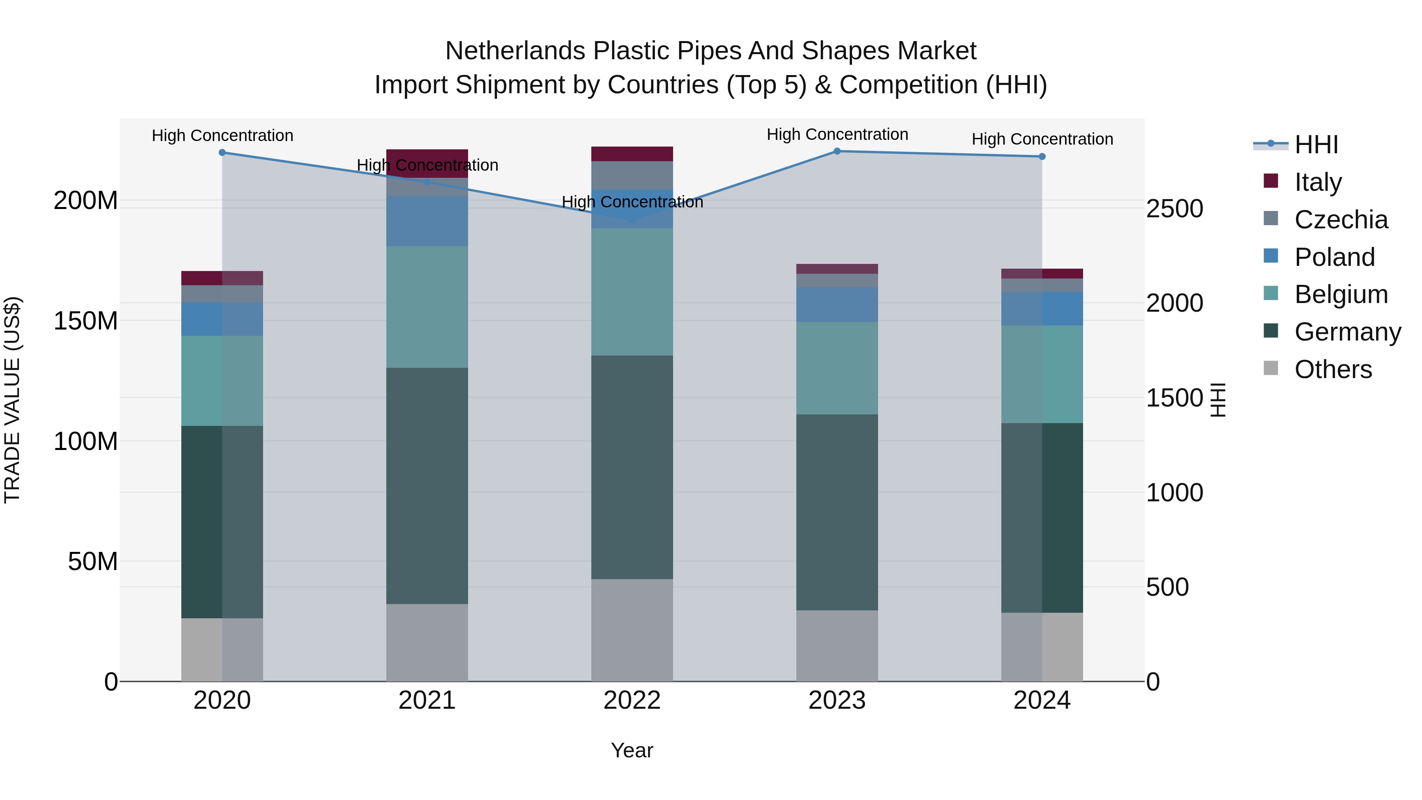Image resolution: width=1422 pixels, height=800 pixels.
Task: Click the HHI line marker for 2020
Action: (222, 152)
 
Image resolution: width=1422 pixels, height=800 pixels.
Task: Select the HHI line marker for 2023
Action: (837, 151)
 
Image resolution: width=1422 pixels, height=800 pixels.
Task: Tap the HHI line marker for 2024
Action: (1042, 157)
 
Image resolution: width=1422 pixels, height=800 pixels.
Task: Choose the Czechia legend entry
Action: (1340, 219)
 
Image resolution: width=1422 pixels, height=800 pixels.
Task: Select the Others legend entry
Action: (1333, 369)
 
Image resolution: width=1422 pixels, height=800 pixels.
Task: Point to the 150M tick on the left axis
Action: (86, 321)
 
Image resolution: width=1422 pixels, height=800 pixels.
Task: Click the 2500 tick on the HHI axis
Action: (1174, 209)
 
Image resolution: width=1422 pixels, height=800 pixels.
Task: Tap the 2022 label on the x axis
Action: (632, 700)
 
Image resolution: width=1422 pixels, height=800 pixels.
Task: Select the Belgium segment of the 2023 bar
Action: (837, 368)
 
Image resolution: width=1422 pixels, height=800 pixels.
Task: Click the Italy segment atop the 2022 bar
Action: (632, 154)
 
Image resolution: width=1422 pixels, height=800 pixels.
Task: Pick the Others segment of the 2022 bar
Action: (632, 630)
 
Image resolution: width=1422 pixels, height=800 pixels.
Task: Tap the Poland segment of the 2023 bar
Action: (837, 304)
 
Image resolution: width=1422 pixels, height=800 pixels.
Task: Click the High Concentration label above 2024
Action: (1042, 139)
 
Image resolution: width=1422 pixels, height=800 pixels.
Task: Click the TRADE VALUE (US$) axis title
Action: (12, 400)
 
